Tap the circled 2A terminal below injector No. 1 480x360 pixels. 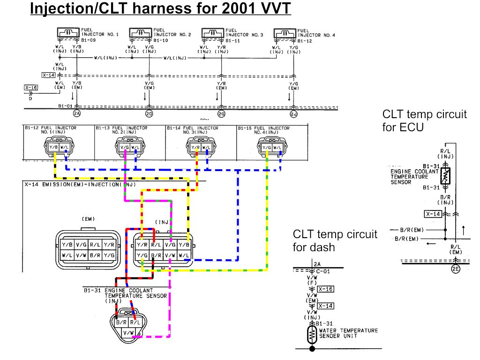(77, 113)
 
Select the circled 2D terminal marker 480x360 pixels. (149, 113)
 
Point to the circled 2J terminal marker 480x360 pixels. (294, 113)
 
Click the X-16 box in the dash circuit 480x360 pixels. (325, 289)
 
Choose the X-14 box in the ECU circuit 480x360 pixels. (433, 214)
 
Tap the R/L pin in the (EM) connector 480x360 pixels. (95, 244)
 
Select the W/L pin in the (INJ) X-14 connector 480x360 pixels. (184, 255)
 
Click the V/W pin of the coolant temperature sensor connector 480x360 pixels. (128, 332)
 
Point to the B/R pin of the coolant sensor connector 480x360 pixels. (121, 322)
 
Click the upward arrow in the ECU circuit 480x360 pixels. (464, 229)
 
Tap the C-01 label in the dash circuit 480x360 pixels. (321, 271)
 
